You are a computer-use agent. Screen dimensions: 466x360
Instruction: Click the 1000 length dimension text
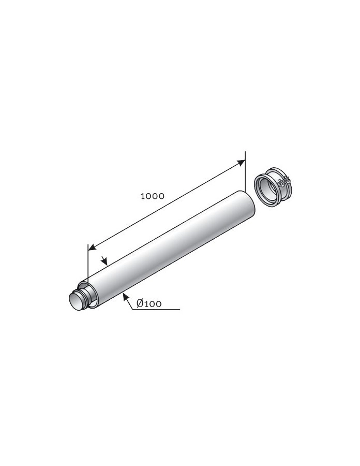(x=152, y=196)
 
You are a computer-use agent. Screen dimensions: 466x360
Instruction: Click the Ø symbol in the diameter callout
(x=141, y=304)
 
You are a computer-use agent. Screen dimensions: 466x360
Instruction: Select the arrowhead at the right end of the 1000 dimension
(x=241, y=163)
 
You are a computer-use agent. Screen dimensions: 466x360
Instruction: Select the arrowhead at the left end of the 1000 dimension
(x=92, y=247)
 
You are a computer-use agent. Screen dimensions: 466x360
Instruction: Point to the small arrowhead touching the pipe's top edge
(x=105, y=261)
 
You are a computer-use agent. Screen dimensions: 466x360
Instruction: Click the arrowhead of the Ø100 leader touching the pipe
(x=125, y=296)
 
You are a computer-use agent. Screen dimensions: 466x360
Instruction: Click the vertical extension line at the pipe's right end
(x=245, y=171)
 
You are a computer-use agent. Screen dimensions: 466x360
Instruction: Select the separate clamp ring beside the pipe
(x=274, y=186)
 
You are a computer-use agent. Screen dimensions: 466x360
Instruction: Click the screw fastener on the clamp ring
(x=284, y=182)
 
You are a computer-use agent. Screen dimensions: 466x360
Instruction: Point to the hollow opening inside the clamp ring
(x=267, y=190)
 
